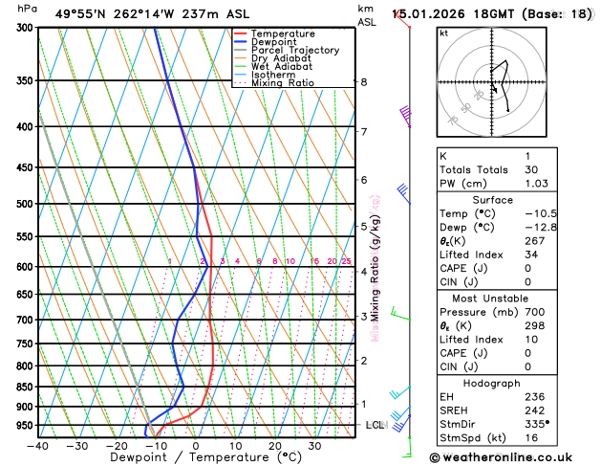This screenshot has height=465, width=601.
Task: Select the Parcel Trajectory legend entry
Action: (x=294, y=50)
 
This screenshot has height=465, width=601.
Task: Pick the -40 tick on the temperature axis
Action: (x=38, y=445)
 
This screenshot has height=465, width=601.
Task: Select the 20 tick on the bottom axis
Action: (x=275, y=445)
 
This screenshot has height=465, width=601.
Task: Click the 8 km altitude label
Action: (x=363, y=82)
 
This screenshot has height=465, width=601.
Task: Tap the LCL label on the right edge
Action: (x=376, y=425)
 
